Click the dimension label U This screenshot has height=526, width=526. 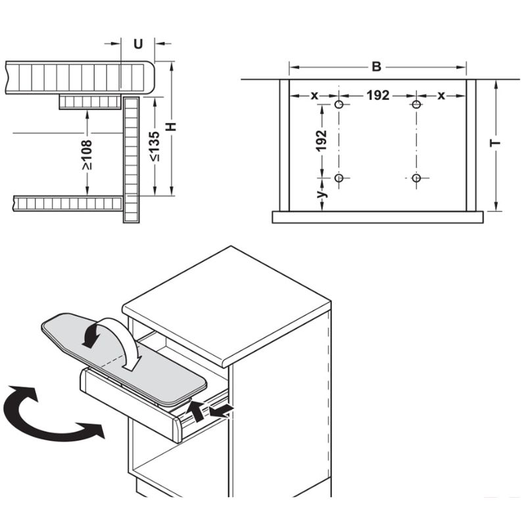click(138, 44)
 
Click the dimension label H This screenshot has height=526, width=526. click(172, 127)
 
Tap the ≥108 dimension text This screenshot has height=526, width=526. click(87, 154)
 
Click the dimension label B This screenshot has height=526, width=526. click(376, 67)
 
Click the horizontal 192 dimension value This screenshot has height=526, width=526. click(377, 96)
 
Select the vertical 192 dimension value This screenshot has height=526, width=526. click(322, 141)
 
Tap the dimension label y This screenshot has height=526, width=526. click(322, 195)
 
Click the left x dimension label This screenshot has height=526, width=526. click(314, 96)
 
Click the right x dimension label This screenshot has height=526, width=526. click(441, 96)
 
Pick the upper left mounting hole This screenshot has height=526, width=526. click(339, 105)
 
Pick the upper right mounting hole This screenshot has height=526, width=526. click(416, 105)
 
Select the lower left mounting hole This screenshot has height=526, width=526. click(339, 178)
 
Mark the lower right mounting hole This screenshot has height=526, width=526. click(416, 178)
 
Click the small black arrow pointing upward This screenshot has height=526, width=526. click(195, 412)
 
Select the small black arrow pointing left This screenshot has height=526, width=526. click(222, 411)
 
